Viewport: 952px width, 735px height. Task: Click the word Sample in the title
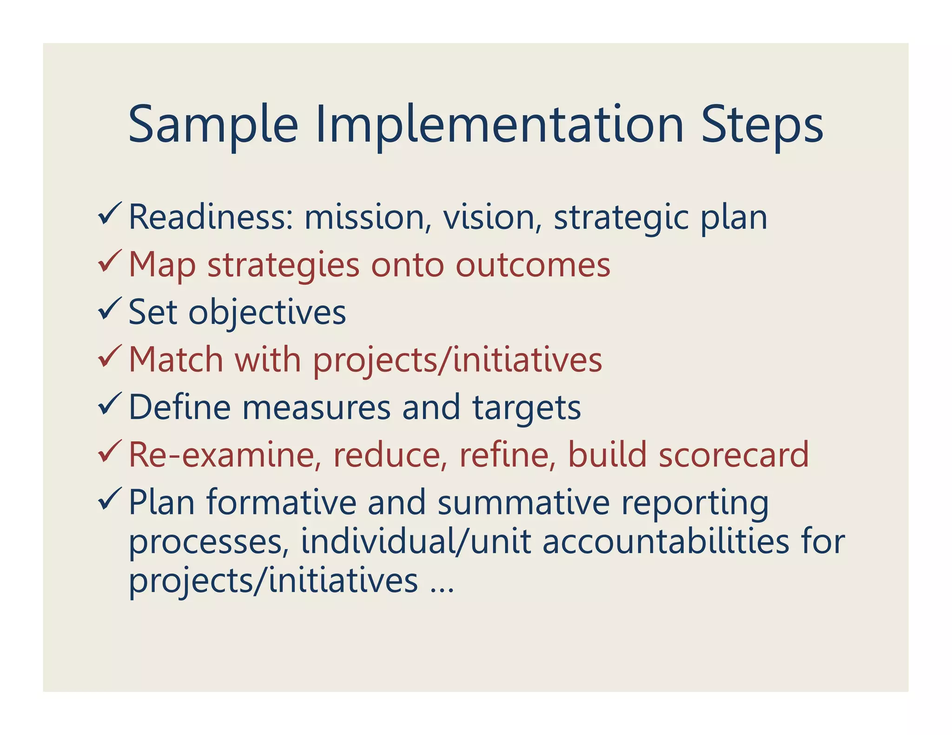212,125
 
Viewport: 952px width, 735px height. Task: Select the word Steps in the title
761,125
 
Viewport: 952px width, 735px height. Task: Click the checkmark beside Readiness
110,214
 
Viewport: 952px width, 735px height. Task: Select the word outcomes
533,265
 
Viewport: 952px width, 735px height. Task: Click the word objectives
267,312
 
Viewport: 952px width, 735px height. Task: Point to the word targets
527,408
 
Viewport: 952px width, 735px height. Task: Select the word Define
179,407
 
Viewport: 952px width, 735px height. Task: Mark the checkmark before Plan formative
110,499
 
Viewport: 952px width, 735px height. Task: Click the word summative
523,503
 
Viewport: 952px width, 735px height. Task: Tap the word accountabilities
666,542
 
